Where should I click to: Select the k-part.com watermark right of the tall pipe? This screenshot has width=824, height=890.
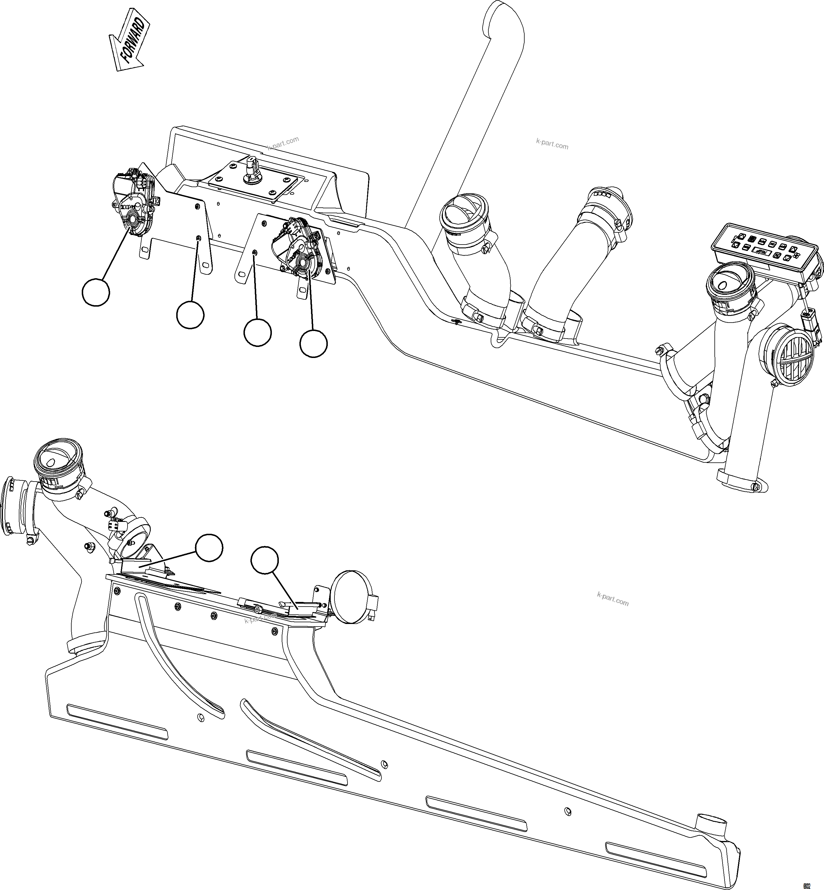tap(552, 144)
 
